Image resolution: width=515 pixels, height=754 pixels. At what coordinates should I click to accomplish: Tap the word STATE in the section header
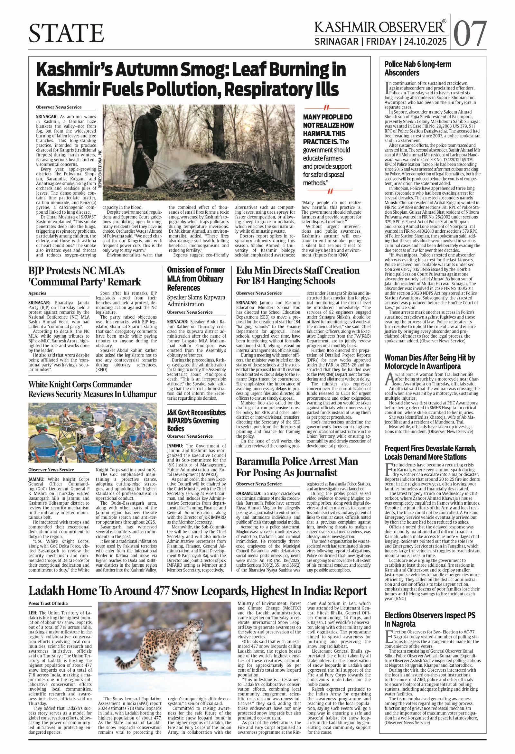pos(67,33)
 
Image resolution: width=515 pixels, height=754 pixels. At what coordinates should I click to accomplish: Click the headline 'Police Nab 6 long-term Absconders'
pos(418,69)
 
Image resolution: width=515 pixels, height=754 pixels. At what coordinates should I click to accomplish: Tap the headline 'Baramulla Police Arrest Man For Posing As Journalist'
pos(296,467)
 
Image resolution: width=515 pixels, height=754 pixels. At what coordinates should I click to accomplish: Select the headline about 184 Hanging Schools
pos(298,275)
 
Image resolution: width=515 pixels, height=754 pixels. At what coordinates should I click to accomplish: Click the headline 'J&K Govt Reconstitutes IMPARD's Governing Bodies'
pos(196,421)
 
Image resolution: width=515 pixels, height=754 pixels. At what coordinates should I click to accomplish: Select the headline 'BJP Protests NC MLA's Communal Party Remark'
pos(85,276)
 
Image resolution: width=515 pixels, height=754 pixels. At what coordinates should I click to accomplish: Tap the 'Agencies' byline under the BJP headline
pos(37,293)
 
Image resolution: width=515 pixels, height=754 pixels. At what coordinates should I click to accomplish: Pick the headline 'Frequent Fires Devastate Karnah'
pos(430,453)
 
